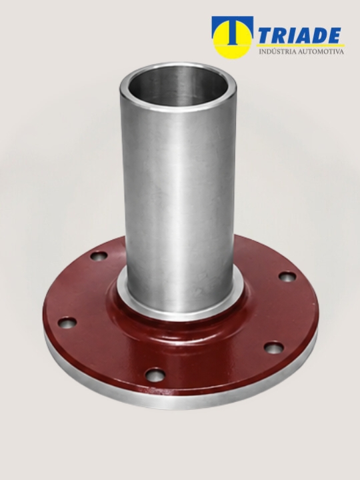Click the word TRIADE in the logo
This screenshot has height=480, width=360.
(x=300, y=35)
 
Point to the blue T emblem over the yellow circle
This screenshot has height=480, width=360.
(x=233, y=30)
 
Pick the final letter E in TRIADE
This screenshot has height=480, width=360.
(x=334, y=35)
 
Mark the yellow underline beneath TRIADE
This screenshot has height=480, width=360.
(x=301, y=45)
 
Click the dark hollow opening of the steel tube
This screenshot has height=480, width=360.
(x=178, y=85)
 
